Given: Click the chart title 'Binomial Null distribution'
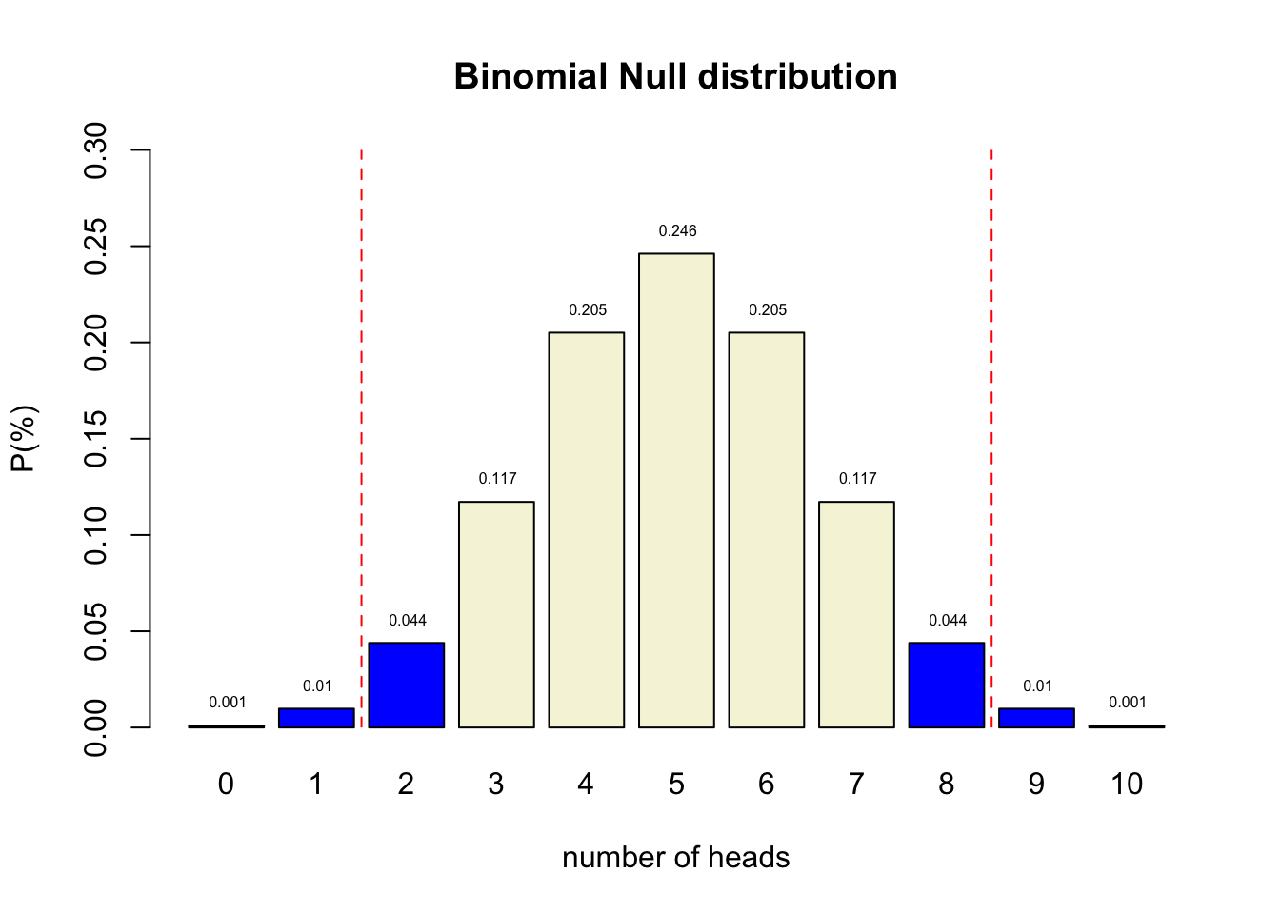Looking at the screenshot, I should pyautogui.click(x=675, y=77).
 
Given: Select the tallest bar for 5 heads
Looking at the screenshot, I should pyautogui.click(x=676, y=490).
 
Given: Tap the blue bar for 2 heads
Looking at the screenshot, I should pyautogui.click(x=407, y=685).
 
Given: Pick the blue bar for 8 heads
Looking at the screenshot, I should pyautogui.click(x=946, y=685).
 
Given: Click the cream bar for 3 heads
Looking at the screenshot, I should pyautogui.click(x=496, y=614).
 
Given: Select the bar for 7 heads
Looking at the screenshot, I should pyautogui.click(x=856, y=614).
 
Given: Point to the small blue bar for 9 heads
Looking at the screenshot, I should pyautogui.click(x=1036, y=718).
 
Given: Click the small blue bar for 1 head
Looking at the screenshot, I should pyautogui.click(x=316, y=718).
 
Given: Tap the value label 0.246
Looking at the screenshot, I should pyautogui.click(x=677, y=231).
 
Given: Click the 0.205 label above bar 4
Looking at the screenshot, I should pyautogui.click(x=588, y=310).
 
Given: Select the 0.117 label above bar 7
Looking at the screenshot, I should pyautogui.click(x=857, y=479).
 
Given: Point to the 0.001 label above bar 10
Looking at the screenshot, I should pyautogui.click(x=1127, y=703).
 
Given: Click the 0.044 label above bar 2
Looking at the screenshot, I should pyautogui.click(x=408, y=621).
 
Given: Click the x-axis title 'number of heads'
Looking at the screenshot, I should pyautogui.click(x=675, y=858).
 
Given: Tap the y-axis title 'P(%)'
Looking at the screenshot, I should pyautogui.click(x=24, y=438).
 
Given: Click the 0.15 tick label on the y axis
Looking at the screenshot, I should pyautogui.click(x=96, y=439).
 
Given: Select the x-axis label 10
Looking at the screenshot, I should pyautogui.click(x=1127, y=785).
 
